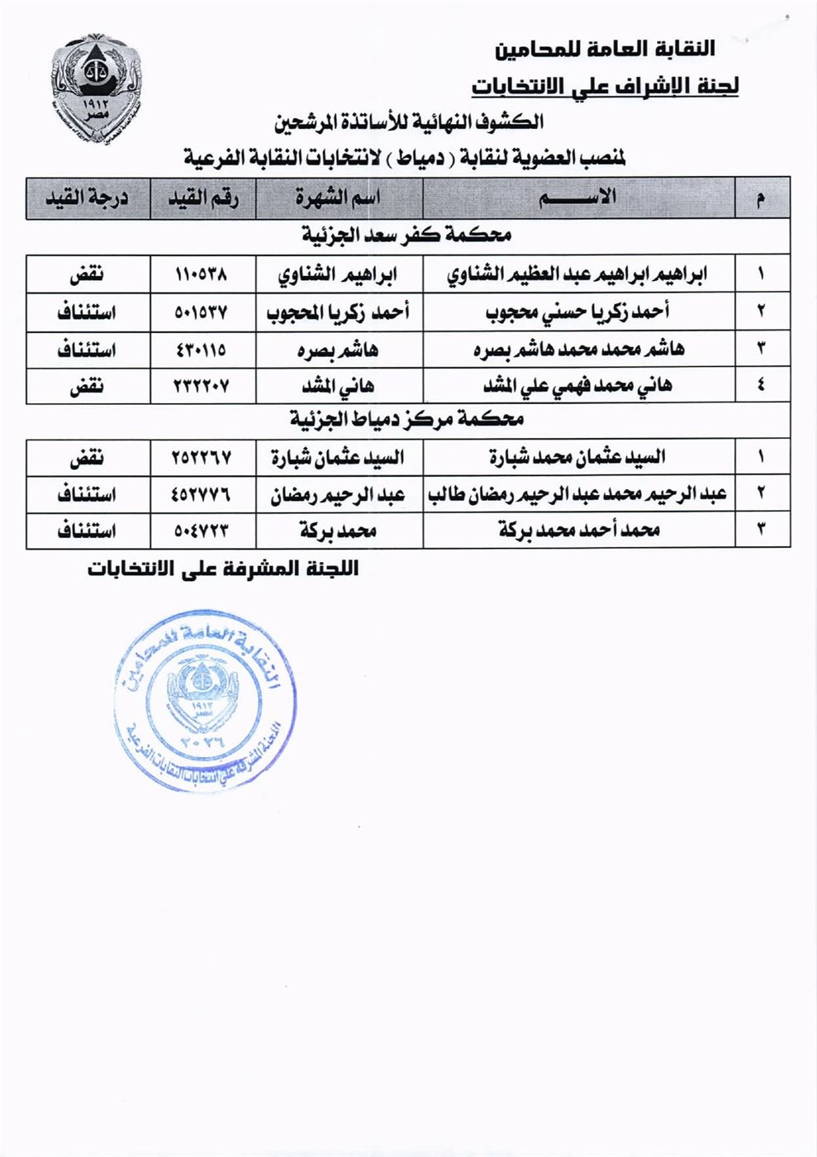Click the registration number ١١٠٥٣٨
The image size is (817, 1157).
point(202,274)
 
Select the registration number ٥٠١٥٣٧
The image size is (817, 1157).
point(202,312)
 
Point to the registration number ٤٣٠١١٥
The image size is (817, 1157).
point(202,350)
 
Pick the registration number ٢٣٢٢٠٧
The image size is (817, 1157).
point(202,386)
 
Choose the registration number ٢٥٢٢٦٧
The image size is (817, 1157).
point(202,457)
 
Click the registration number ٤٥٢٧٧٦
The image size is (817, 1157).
point(202,494)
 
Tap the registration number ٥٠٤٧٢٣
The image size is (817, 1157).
point(202,530)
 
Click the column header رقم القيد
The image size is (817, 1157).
point(203,198)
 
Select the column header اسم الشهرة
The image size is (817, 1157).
point(339,198)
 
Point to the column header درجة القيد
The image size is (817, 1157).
point(87,198)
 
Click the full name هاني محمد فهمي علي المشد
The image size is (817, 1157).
point(577,386)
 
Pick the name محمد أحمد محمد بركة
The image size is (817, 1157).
point(578,530)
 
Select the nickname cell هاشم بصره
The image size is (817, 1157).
point(339,350)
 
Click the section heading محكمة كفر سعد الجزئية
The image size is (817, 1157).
point(406,236)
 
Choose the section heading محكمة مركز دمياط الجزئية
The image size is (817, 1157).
point(406,420)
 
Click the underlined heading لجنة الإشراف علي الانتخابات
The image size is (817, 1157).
point(605,86)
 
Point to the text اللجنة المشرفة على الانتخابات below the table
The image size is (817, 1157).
point(223,569)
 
